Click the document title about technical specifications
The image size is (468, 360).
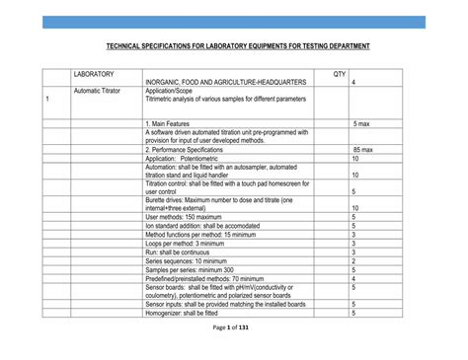tap(233, 46)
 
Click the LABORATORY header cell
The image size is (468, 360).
tap(94, 74)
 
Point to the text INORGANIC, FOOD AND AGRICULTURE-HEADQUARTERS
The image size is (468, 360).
tap(226, 82)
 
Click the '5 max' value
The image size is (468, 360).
tap(361, 122)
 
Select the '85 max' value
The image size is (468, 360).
tap(362, 149)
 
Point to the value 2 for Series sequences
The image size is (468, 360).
tap(353, 260)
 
